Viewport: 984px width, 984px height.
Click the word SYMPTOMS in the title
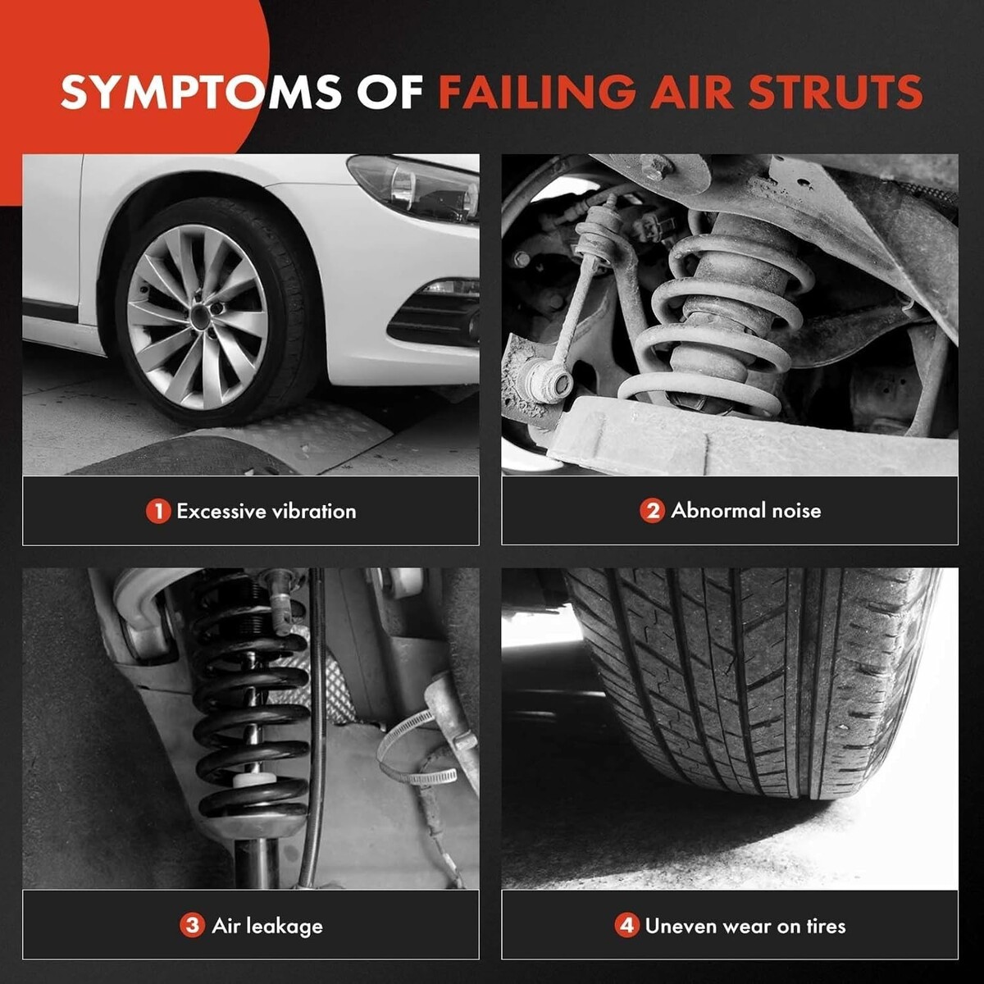click(x=201, y=92)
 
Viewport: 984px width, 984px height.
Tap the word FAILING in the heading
click(x=537, y=92)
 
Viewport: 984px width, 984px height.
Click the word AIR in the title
click(x=692, y=92)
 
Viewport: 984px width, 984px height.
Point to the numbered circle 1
click(x=158, y=511)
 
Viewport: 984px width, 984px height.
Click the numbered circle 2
click(x=652, y=511)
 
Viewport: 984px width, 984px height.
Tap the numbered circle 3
click(x=192, y=925)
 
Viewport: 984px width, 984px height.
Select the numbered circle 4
click(x=626, y=925)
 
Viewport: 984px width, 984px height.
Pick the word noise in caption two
click(x=796, y=511)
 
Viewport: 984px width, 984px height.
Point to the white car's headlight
click(x=413, y=188)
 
